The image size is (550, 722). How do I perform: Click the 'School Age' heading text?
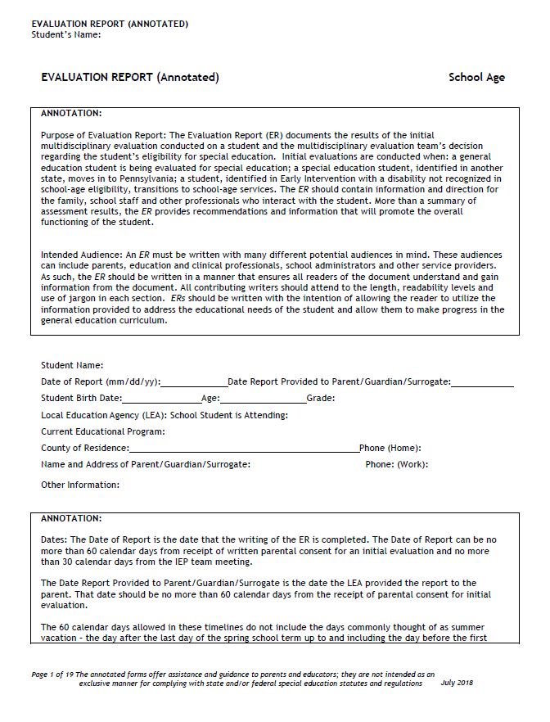click(x=476, y=78)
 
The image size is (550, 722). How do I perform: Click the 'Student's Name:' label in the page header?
click(x=66, y=34)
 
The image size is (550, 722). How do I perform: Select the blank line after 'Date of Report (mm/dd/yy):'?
click(x=194, y=382)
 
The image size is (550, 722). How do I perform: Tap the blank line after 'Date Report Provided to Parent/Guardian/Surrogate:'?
click(x=482, y=382)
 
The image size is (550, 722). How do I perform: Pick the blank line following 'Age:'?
click(x=262, y=399)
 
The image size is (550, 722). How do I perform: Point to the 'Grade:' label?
click(x=320, y=399)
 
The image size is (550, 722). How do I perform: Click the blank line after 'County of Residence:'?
click(x=243, y=449)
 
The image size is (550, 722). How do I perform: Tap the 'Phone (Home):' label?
click(x=390, y=449)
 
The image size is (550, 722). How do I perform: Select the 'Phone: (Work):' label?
click(x=396, y=465)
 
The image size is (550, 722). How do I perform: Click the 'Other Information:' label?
click(x=80, y=485)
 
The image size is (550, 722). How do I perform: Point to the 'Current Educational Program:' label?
click(x=103, y=431)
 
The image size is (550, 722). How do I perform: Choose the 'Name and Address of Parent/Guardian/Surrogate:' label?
click(x=146, y=465)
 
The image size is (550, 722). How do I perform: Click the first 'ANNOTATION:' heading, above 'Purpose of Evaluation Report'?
click(x=71, y=113)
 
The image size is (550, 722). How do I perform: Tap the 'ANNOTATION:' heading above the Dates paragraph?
click(x=71, y=518)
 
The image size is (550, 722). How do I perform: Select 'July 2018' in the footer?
click(x=457, y=683)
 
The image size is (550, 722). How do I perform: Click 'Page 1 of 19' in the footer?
click(x=52, y=673)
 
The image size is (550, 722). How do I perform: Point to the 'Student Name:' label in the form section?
click(x=72, y=365)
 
